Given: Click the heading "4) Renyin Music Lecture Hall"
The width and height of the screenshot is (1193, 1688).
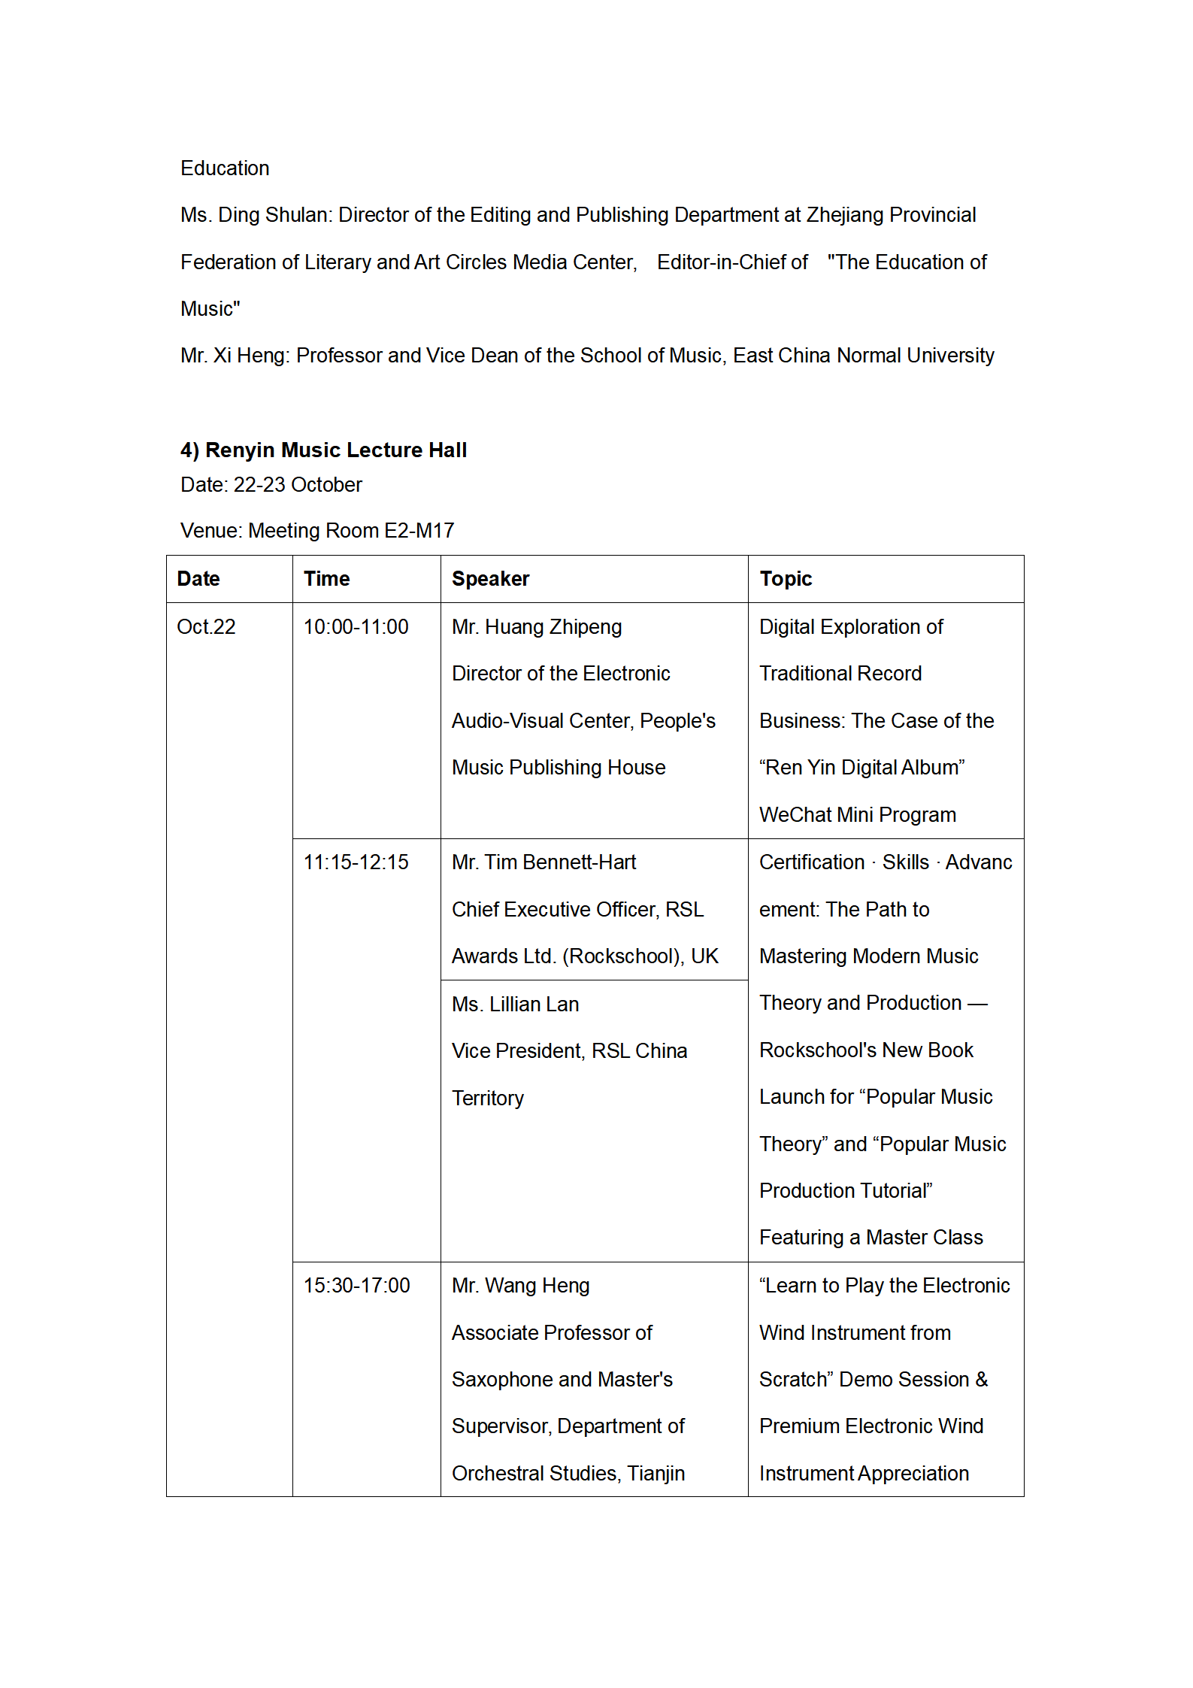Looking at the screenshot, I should pos(323,450).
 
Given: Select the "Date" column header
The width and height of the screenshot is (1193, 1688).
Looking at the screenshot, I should pos(198,579).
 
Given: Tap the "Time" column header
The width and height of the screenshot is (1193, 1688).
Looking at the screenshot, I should pos(326,579).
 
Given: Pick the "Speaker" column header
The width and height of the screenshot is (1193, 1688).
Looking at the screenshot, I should pos(490,579).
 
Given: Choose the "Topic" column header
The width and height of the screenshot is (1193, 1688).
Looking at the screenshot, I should pos(786,579).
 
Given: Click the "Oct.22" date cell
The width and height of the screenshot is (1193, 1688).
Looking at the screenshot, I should pos(206,627).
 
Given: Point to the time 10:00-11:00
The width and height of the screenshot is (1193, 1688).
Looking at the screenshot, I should pos(356,627).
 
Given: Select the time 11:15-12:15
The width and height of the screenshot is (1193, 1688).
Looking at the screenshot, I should pos(356,862).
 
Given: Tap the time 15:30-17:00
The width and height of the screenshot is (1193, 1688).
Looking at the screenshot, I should pos(356,1286).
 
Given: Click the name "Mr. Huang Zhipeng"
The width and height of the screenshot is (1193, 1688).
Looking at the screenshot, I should pos(537,627).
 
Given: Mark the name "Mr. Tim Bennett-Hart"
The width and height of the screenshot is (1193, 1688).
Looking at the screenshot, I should pos(544,862).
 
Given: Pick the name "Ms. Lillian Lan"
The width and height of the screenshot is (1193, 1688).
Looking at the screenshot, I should pos(515,1005).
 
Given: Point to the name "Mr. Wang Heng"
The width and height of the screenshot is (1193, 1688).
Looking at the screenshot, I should pos(520,1286).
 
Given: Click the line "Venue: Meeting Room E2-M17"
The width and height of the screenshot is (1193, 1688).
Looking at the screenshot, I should pos(317,531).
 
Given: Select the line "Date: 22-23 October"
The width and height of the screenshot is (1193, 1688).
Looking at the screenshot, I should pos(271,485).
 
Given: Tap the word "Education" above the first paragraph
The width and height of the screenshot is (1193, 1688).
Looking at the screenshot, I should pos(225,168).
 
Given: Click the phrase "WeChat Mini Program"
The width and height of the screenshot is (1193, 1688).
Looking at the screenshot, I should pos(857,815).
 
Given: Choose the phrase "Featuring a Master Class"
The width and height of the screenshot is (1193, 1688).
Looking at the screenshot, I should pos(871,1238).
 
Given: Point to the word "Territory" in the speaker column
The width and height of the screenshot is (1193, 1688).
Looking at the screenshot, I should pos(488,1099).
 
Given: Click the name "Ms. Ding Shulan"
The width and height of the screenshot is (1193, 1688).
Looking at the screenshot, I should pos(255,215).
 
